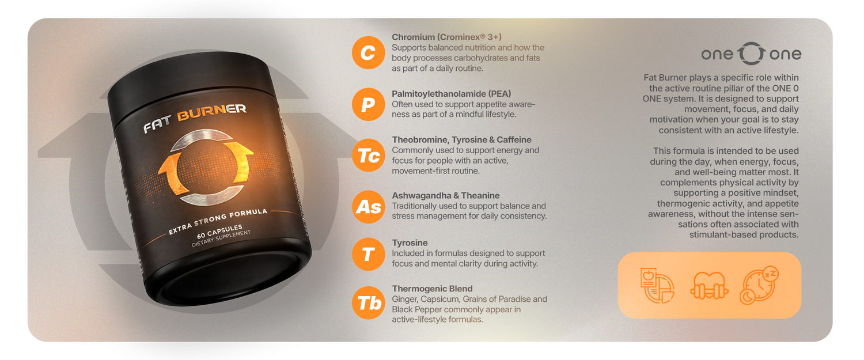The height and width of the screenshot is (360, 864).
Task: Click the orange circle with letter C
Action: coord(369,53)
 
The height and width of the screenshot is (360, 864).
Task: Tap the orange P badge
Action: coord(369,104)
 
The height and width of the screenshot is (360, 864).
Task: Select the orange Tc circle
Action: coord(369,156)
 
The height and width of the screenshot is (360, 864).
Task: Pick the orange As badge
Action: coord(369,207)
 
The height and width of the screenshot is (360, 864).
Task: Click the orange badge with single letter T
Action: coord(369,254)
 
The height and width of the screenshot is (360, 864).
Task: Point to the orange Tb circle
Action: coord(369,303)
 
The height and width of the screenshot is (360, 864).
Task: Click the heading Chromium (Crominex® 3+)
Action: coord(446,37)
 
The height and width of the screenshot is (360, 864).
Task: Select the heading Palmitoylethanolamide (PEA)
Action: coord(451,94)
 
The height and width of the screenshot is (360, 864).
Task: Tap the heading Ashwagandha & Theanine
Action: coord(445,196)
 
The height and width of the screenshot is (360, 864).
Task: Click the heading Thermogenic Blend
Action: coord(432,289)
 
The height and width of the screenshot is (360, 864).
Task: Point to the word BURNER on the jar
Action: coord(212,112)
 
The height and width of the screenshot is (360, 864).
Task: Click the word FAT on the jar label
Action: coord(157,124)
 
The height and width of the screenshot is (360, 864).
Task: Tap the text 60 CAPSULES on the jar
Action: coord(219,231)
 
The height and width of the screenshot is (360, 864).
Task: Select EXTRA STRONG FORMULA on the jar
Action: coord(218,222)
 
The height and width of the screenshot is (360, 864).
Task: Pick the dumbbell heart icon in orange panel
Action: coord(709,286)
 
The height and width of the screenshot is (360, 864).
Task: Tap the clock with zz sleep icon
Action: coord(759,285)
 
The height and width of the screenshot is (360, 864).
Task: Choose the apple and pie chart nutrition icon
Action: coord(657,285)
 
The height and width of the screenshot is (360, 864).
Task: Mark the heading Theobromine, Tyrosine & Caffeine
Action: coord(462,139)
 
